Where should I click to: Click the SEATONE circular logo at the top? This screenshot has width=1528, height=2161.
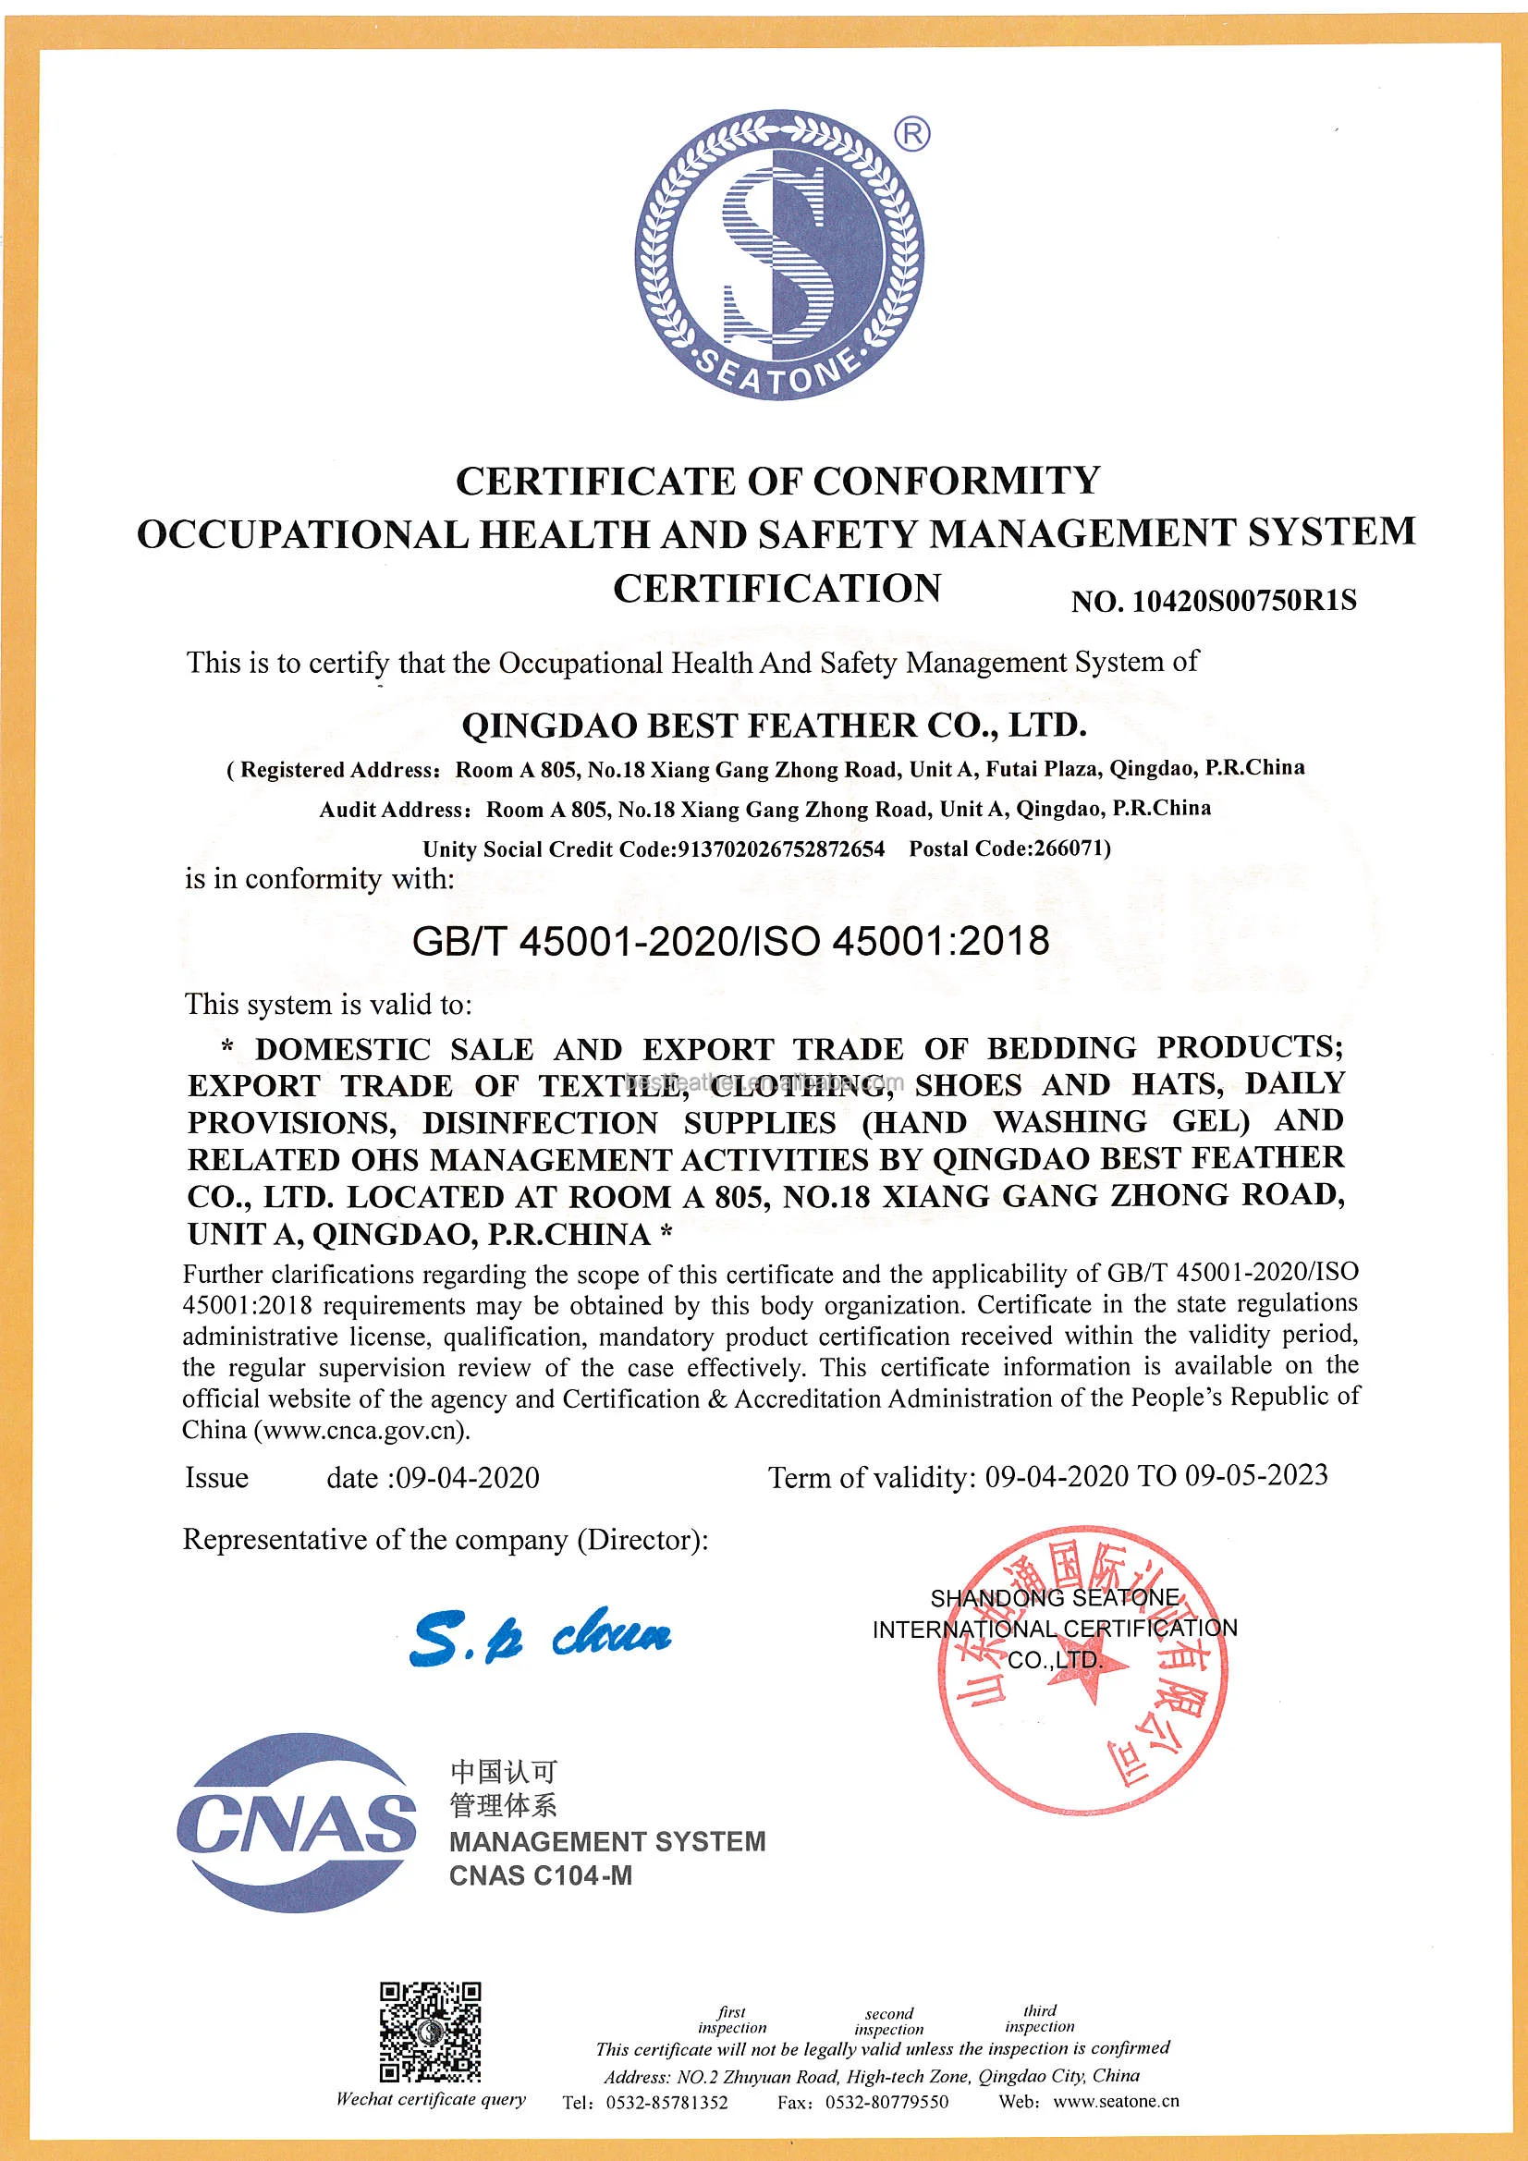(778, 254)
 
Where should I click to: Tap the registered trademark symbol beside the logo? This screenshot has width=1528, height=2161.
(911, 135)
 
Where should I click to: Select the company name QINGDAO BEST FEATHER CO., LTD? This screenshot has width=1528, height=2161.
(774, 726)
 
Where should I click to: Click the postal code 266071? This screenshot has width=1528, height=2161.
(1070, 848)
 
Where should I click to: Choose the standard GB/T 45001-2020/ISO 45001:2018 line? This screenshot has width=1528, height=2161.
(730, 941)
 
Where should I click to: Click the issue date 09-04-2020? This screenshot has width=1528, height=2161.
(468, 1478)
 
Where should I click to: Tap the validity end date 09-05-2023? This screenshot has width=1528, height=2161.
(1256, 1475)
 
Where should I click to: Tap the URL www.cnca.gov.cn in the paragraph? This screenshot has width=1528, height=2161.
(361, 1431)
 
